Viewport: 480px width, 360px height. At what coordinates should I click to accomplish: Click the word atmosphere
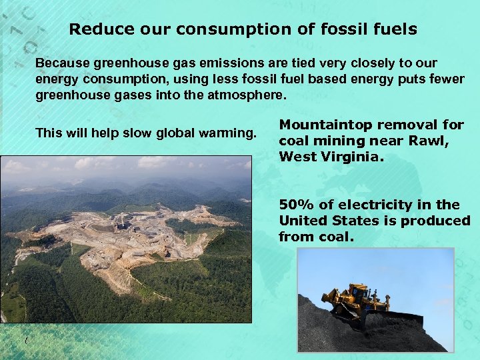point(247,95)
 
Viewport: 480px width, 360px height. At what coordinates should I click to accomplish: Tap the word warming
point(229,133)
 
